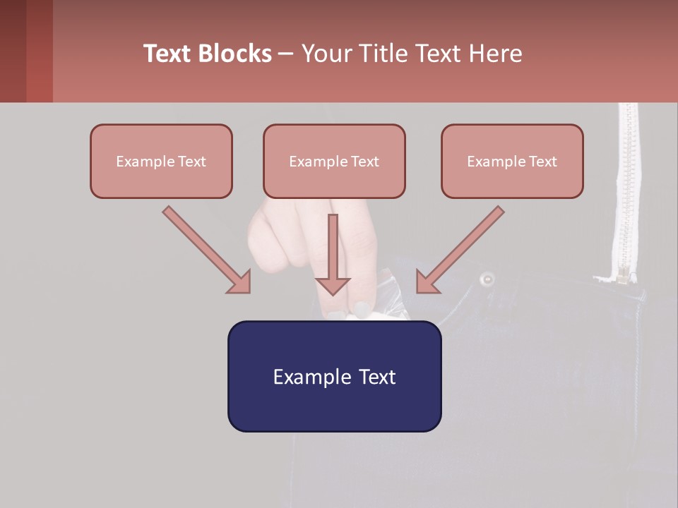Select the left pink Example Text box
click(161, 161)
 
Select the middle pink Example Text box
click(334, 161)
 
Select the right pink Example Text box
click(512, 161)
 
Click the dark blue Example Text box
click(334, 376)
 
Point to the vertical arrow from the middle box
click(333, 254)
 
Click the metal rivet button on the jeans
click(487, 279)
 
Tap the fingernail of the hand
click(362, 309)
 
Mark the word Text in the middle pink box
click(365, 161)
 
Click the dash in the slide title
click(286, 54)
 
